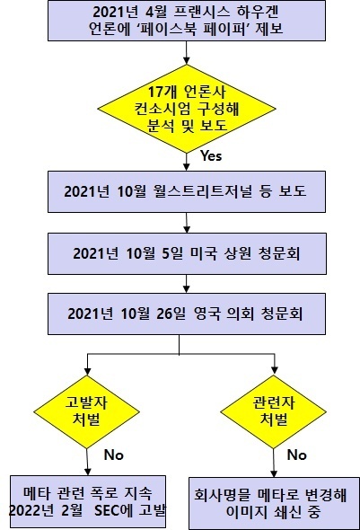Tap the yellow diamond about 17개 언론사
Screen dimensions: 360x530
tap(187, 109)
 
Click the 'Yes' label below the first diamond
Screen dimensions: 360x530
tap(211, 155)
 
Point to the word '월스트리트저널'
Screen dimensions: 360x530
tap(202, 191)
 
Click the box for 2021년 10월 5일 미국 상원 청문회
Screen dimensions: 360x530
tap(187, 253)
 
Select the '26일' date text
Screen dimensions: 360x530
tap(171, 314)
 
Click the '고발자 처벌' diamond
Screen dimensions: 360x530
tap(87, 411)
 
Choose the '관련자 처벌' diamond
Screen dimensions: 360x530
tap(273, 411)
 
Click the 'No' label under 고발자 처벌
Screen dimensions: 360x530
tap(114, 455)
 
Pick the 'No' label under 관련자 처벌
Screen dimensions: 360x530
tap(297, 455)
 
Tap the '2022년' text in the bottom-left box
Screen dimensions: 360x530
tap(31, 510)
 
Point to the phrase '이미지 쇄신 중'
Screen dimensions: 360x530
tap(273, 512)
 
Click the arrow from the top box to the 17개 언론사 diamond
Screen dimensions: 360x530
tap(186, 53)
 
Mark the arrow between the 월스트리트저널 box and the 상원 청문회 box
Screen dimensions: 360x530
tap(187, 223)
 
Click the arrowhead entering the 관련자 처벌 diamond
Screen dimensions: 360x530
tap(275, 370)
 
